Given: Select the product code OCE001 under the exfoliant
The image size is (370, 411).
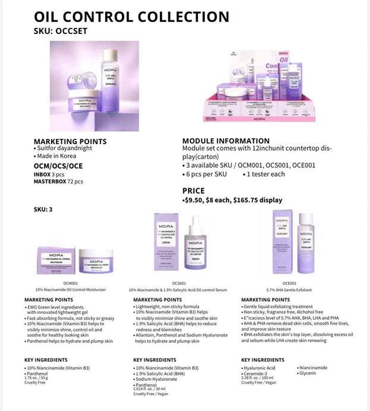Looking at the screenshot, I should (x=289, y=284).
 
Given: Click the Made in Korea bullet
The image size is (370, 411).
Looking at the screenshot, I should (x=58, y=156).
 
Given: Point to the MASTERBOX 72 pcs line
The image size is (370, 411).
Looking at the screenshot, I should (x=58, y=180).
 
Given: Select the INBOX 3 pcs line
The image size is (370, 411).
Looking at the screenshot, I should (x=50, y=174).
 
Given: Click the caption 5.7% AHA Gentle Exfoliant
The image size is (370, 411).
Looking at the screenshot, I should (x=289, y=289).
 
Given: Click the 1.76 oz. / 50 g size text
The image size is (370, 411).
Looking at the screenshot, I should (x=39, y=378).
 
